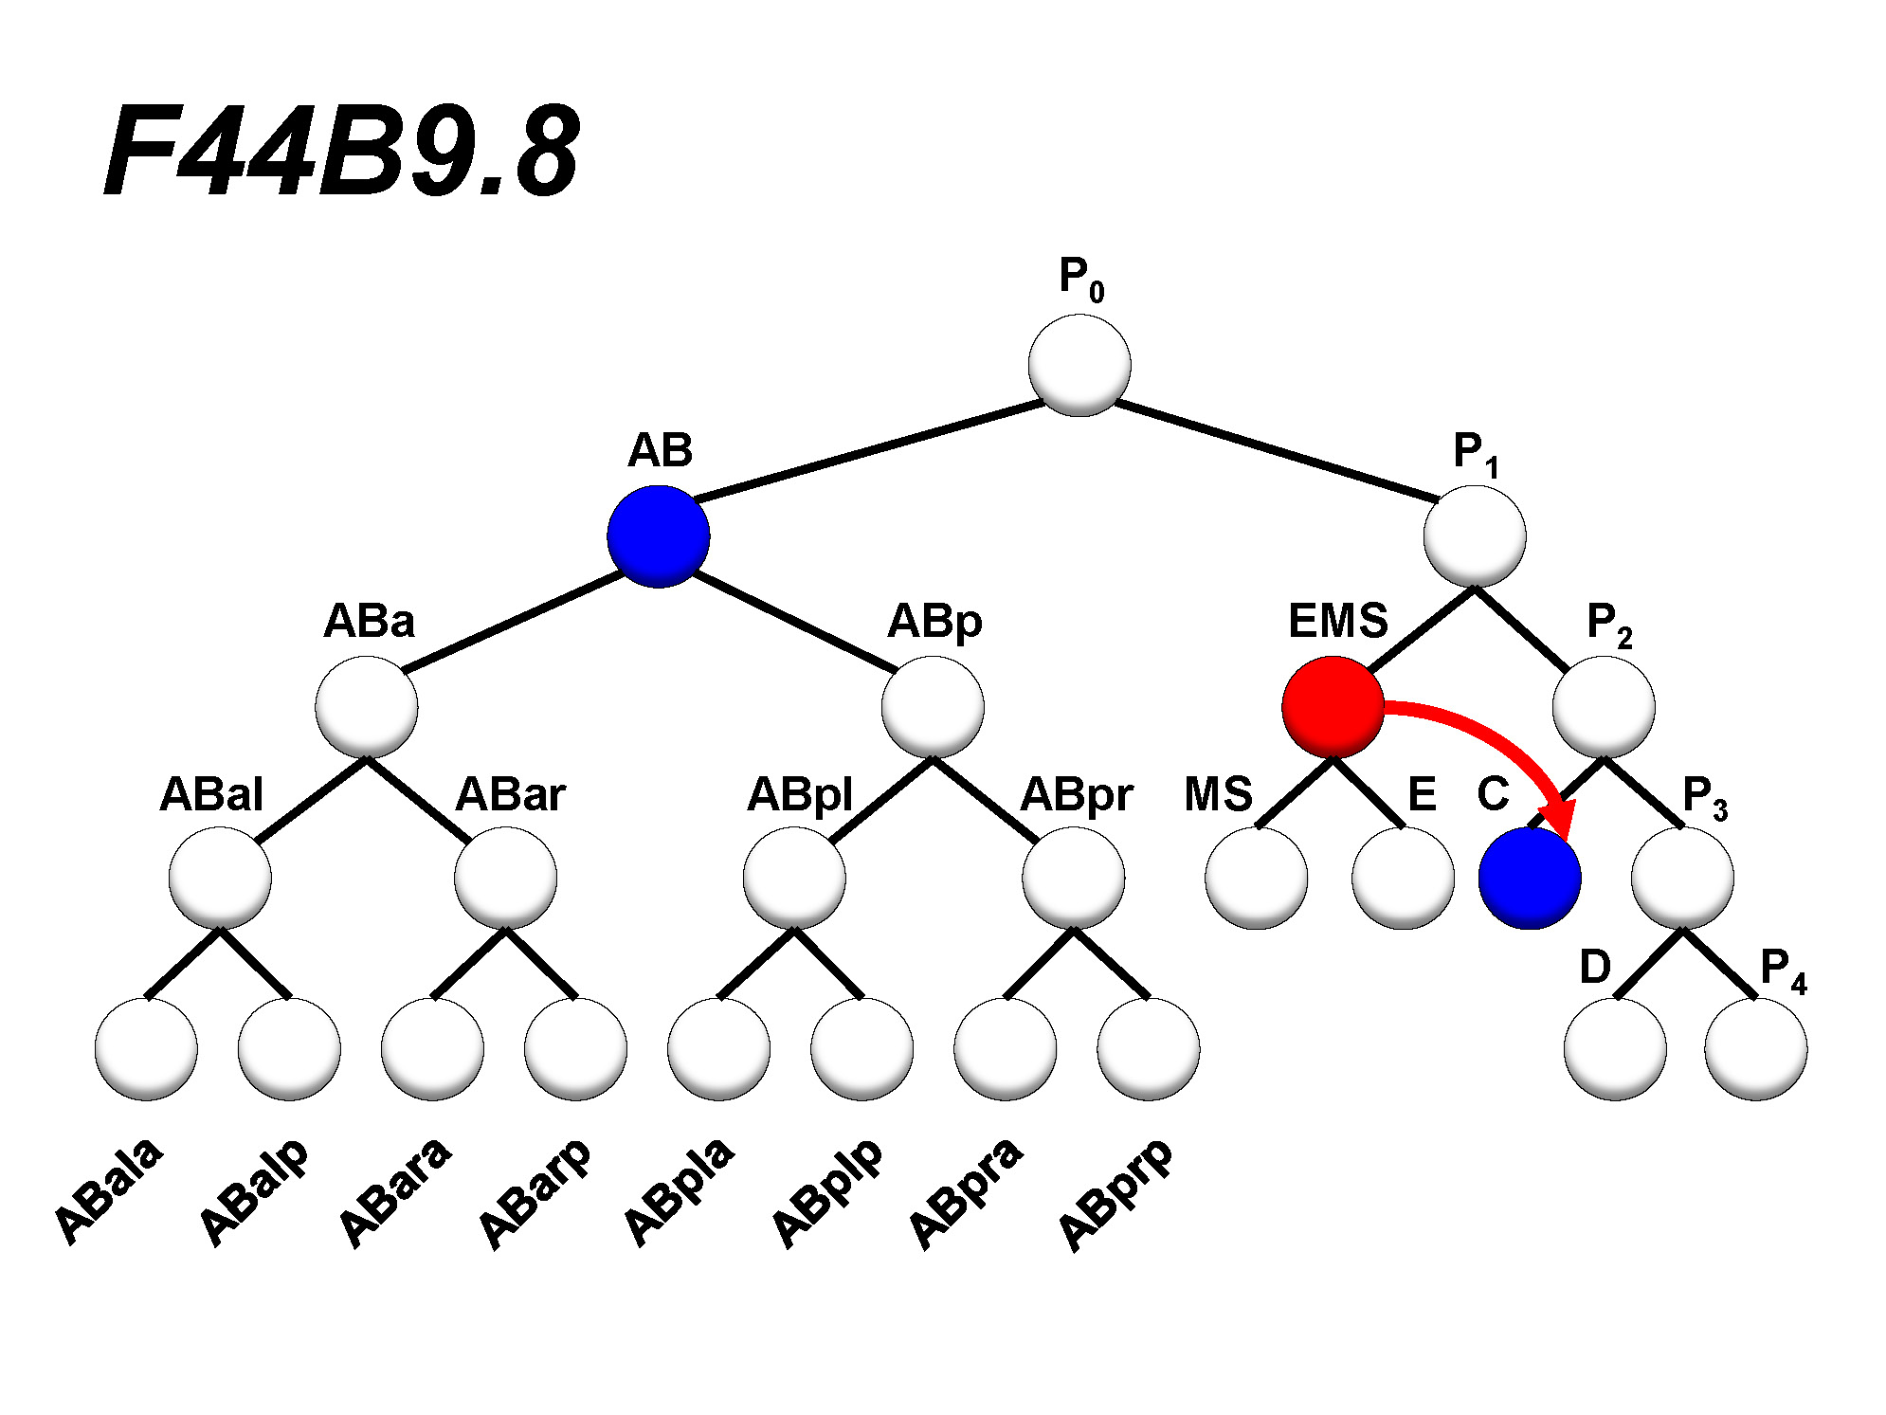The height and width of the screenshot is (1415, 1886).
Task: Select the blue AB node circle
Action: click(659, 536)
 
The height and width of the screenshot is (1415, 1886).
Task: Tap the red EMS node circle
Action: click(1333, 707)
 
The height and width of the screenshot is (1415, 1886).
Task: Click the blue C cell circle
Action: click(1530, 878)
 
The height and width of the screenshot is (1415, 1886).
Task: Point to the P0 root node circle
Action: click(1079, 365)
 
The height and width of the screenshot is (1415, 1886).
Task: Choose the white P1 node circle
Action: click(1475, 536)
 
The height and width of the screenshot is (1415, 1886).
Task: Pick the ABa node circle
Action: click(367, 707)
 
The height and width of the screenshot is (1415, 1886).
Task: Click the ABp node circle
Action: click(933, 707)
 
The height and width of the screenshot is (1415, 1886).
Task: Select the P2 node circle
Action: click(1604, 707)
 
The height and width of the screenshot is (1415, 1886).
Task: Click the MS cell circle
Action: click(1257, 878)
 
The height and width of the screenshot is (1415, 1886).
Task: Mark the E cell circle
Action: click(1403, 878)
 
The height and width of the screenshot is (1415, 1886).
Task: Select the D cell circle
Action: click(1615, 1048)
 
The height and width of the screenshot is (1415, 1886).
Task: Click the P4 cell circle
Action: click(1756, 1048)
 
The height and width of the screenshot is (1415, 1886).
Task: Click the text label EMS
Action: click(1337, 622)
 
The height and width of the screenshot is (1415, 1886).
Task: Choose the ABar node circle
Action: click(505, 878)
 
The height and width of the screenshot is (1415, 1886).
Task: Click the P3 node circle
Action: click(1682, 878)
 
